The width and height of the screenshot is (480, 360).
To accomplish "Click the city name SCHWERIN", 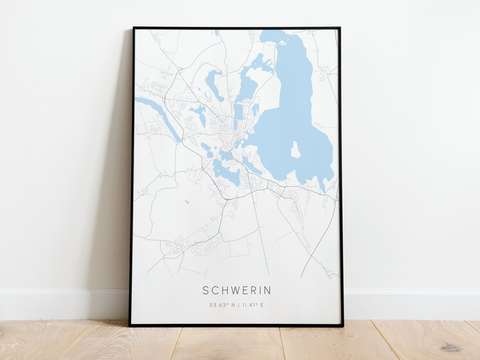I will tap(236, 290).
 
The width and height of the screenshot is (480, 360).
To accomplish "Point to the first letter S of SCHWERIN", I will tap(205, 290).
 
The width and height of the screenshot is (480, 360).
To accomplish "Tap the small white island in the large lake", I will tap(295, 150).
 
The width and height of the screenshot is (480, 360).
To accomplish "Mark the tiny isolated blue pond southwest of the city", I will tap(187, 201).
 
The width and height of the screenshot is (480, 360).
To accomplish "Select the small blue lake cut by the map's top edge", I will tap(217, 33).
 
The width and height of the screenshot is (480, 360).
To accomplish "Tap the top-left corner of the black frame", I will tap(133, 28).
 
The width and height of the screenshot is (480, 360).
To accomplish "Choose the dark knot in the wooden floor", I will tap(451, 347).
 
